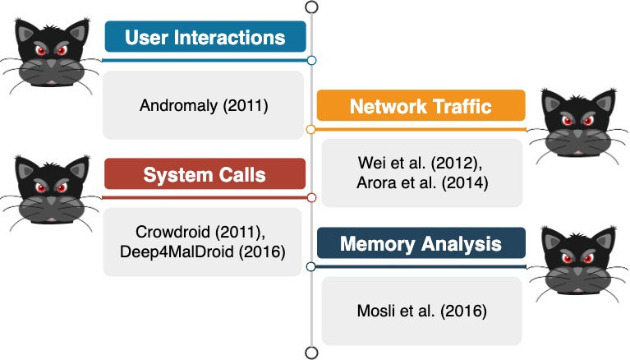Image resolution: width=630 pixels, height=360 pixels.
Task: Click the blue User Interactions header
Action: [x=205, y=37]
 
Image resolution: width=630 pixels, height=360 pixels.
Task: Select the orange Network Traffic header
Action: [x=421, y=105]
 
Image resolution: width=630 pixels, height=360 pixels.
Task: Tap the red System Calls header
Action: [x=205, y=173]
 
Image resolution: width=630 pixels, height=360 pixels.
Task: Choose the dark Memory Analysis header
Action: [x=421, y=243]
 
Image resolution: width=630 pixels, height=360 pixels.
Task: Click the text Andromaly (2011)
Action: [x=204, y=105]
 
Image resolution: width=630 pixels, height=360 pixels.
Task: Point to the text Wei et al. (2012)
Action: [x=420, y=163]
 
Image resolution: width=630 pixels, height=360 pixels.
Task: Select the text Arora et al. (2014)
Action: [x=422, y=182]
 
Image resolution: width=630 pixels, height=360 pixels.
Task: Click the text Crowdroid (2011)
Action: [x=200, y=232]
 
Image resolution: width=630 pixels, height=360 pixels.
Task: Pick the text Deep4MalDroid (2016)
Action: [x=203, y=252]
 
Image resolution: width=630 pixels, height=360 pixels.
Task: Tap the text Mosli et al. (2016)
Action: [x=422, y=311]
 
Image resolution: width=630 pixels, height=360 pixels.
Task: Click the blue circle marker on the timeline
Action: [x=311, y=60]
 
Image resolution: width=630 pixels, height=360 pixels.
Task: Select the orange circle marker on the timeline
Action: [x=310, y=130]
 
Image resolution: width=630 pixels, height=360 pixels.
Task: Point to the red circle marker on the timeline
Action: [x=311, y=197]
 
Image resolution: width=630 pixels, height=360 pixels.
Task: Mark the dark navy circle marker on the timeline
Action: [x=310, y=266]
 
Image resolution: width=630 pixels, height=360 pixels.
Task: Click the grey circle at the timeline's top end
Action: [x=312, y=7]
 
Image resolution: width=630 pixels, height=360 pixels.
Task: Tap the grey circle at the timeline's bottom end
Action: [x=312, y=353]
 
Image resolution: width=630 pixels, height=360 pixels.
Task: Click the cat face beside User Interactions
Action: [x=51, y=53]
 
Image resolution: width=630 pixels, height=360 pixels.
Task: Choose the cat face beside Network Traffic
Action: [x=577, y=125]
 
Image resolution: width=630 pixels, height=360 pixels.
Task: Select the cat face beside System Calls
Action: [x=51, y=191]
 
